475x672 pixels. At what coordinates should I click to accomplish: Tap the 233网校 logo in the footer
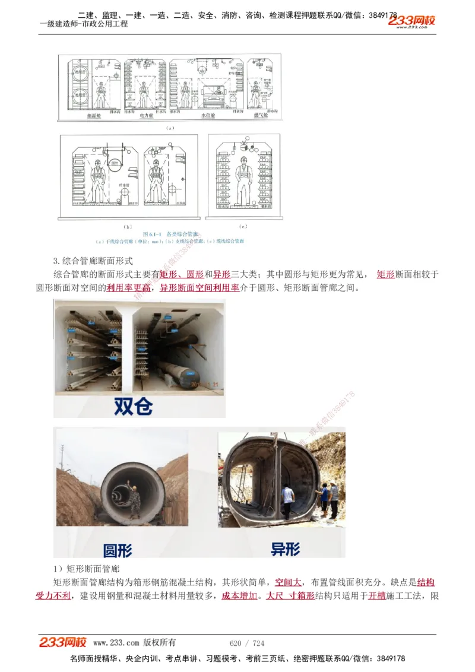click(63, 642)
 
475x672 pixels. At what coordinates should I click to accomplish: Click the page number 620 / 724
click(246, 643)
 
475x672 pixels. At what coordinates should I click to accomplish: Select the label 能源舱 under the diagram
click(94, 116)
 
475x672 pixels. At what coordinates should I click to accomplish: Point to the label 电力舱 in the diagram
click(147, 116)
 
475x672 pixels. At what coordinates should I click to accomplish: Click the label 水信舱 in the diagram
click(210, 116)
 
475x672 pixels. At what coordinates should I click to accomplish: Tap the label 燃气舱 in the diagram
click(260, 116)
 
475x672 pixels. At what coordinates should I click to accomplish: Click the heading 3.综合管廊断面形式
click(93, 261)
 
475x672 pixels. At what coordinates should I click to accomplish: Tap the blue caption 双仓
click(133, 406)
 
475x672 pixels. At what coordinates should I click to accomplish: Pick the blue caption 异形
click(285, 549)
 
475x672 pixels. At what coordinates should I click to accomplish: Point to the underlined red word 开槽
click(376, 595)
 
